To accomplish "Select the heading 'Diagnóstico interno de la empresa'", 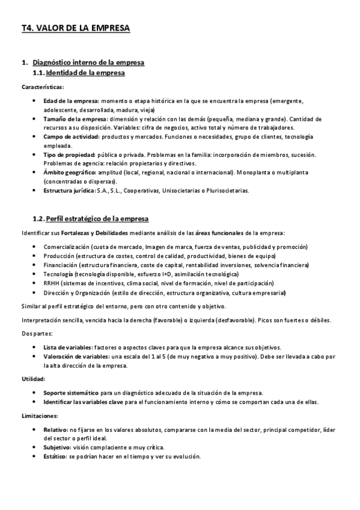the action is coord(88,63).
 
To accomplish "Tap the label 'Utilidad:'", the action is coord(33,378).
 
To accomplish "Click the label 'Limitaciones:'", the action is coord(39,416).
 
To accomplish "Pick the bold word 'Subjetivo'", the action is coord(56,447).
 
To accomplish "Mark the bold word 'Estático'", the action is coord(55,456).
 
